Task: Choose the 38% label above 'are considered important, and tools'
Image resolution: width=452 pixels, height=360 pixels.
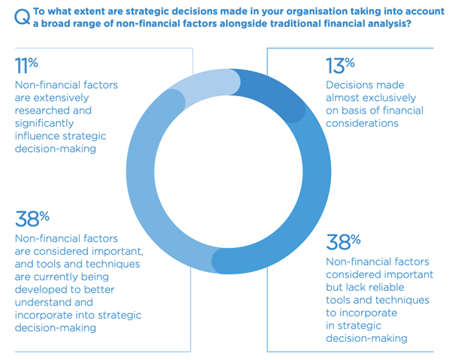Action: pyautogui.click(x=32, y=219)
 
